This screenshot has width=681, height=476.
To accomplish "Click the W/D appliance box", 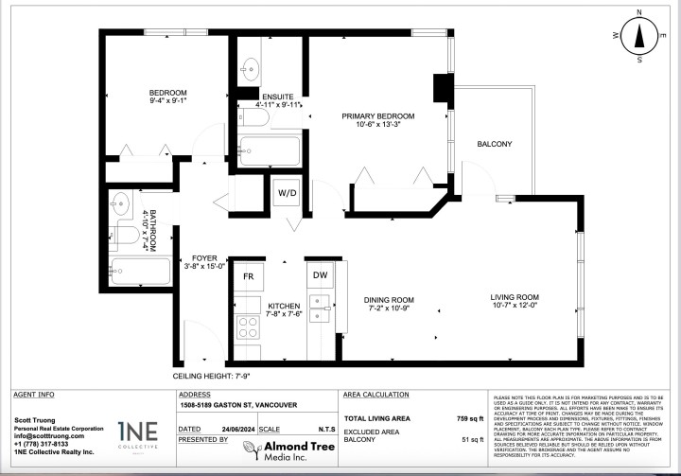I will tap(287, 194).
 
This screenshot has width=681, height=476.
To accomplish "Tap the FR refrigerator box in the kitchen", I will tap(249, 276).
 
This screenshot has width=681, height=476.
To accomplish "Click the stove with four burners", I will tap(248, 328).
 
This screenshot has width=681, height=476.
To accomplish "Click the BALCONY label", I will tap(494, 144).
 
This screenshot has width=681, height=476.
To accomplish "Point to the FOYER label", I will tap(204, 257).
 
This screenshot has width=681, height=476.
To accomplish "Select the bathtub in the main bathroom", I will tap(138, 271).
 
